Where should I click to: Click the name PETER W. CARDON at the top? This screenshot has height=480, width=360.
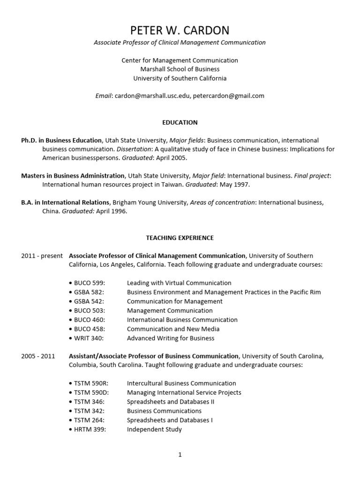[180, 30]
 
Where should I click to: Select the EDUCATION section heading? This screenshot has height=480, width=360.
[180, 122]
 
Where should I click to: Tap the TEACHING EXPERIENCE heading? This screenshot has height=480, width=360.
[180, 238]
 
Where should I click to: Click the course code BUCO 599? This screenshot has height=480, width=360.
[89, 283]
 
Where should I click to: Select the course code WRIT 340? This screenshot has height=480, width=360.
[89, 338]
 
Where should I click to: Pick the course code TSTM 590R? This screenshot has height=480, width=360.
[90, 383]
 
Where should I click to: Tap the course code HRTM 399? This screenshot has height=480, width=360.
[90, 429]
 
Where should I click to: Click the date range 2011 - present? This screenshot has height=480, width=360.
[42, 256]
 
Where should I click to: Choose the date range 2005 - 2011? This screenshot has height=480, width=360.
[38, 356]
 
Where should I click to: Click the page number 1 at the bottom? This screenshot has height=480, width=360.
[180, 454]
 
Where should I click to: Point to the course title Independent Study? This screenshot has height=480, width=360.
[154, 429]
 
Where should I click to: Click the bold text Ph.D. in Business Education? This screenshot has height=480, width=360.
[61, 140]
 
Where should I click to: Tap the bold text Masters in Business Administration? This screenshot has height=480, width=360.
[73, 176]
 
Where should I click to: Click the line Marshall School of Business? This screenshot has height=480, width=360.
[180, 69]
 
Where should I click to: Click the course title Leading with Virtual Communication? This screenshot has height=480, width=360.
[179, 283]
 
